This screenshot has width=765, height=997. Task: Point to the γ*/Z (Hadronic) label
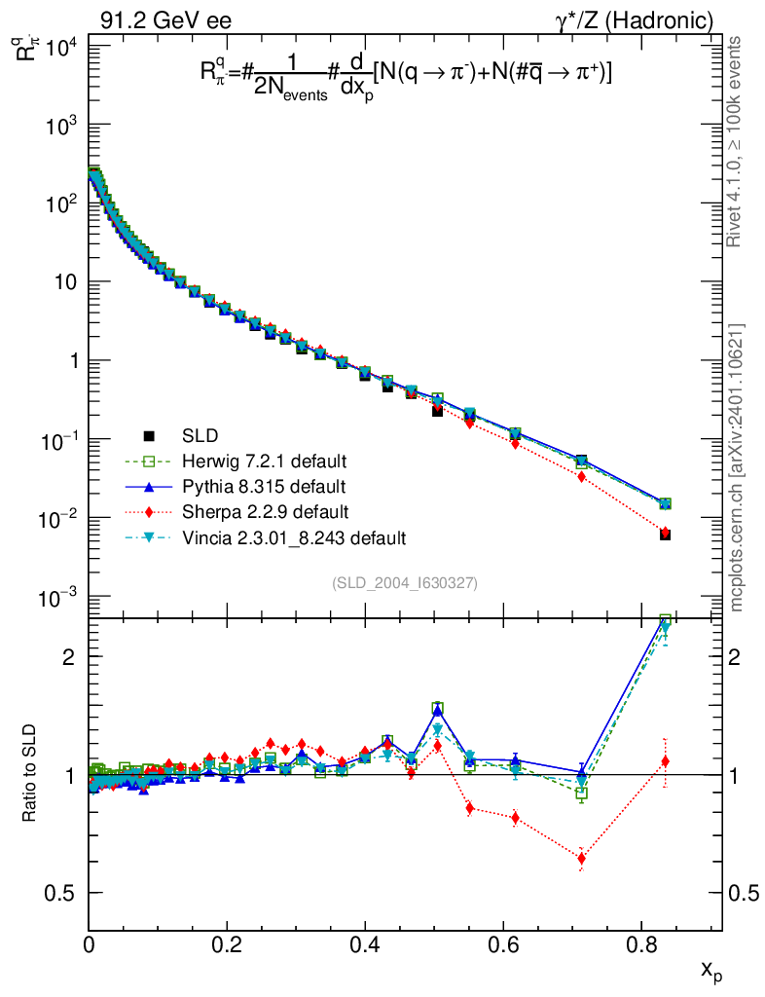tap(643, 19)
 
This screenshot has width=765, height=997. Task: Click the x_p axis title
tap(711, 970)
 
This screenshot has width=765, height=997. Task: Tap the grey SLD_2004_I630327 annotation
tap(404, 582)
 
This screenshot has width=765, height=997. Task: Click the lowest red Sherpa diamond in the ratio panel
tap(582, 859)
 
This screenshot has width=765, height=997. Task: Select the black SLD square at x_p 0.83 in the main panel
tap(665, 535)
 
